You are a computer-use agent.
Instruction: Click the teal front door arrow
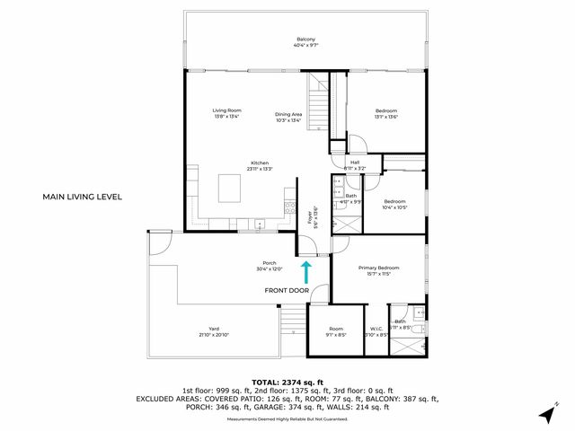click(x=305, y=270)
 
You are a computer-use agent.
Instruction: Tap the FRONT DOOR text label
click(x=287, y=291)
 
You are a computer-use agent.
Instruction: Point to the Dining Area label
click(x=288, y=114)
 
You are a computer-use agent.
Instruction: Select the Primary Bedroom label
click(x=378, y=268)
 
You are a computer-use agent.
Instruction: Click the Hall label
click(x=355, y=163)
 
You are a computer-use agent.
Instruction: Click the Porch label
click(x=269, y=263)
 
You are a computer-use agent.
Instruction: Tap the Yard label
click(x=214, y=329)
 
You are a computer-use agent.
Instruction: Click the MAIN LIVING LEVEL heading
click(x=82, y=197)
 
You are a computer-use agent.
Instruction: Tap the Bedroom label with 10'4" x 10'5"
click(x=395, y=201)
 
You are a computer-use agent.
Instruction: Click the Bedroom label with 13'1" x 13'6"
click(x=386, y=110)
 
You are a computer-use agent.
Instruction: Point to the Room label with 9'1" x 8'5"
click(x=336, y=329)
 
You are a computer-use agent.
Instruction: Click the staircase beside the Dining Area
click(x=320, y=105)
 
